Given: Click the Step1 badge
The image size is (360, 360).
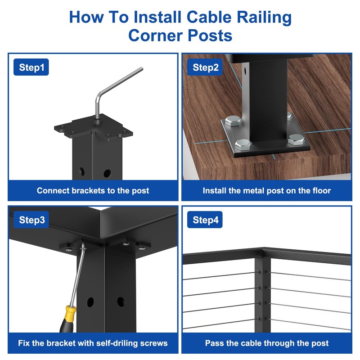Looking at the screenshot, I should click(x=31, y=68).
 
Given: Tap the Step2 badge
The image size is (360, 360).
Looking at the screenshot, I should click(x=206, y=68).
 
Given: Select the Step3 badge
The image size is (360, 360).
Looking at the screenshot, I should click(x=31, y=220).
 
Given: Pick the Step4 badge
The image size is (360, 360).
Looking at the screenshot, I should click(x=206, y=220).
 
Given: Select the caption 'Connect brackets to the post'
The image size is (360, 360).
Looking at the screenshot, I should click(x=93, y=190).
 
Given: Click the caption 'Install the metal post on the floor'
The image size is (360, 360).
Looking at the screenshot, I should click(x=266, y=190).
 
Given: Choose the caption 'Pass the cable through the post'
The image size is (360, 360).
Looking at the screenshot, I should click(x=266, y=343).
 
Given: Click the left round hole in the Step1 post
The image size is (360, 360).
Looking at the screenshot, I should click(x=81, y=171).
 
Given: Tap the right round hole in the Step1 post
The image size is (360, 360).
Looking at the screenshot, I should click(x=107, y=173).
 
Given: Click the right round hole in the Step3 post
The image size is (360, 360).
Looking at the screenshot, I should click(x=120, y=301).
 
